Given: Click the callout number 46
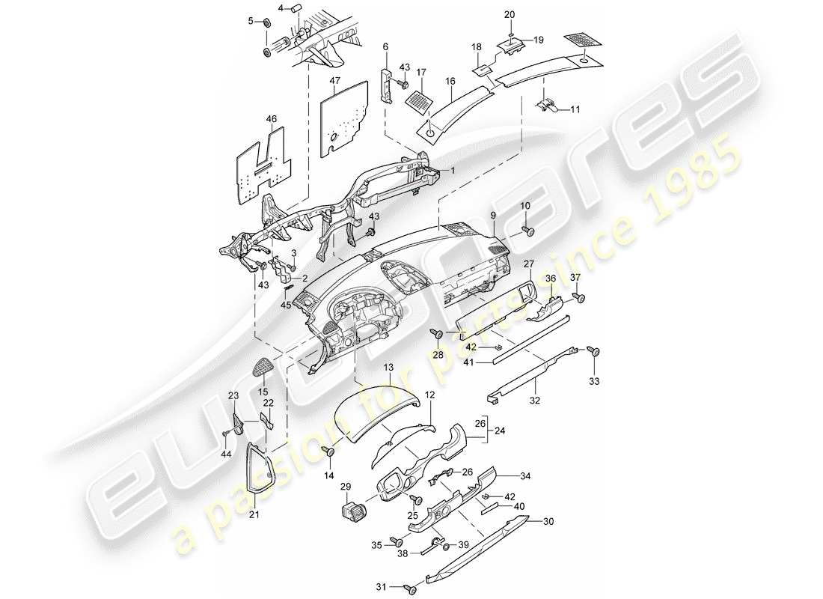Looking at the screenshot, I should pos(271,118).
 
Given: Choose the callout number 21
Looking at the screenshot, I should pos(254,514).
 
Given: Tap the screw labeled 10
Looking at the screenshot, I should pos(529,233).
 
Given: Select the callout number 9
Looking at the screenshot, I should pos(494,216).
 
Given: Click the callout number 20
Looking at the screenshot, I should pos(510,15).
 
